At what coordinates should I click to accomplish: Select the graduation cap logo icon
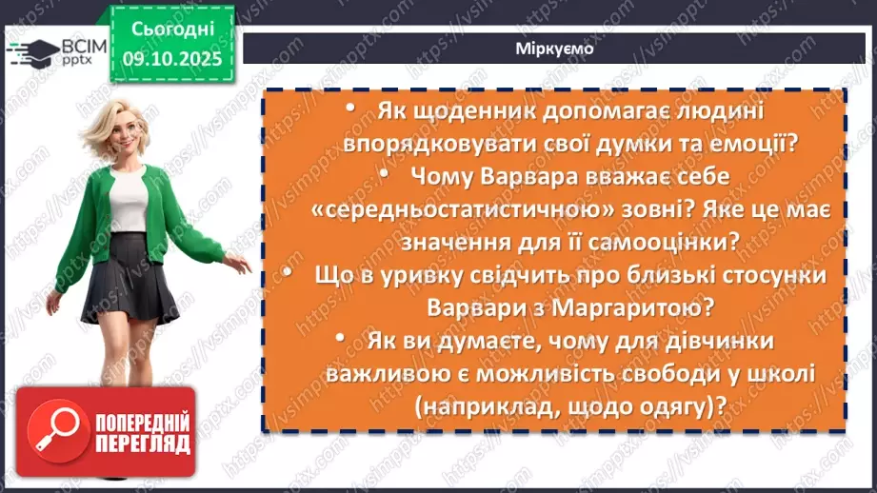[30, 50]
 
